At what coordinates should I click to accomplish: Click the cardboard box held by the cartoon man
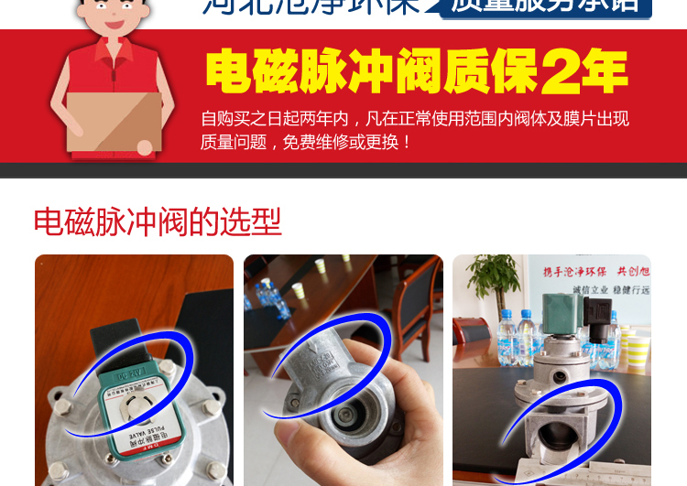click(114, 121)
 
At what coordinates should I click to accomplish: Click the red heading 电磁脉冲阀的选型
click(157, 222)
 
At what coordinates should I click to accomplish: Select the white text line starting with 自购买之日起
click(414, 119)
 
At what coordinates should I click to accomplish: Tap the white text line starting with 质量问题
click(307, 142)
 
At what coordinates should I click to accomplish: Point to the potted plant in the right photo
click(495, 279)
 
